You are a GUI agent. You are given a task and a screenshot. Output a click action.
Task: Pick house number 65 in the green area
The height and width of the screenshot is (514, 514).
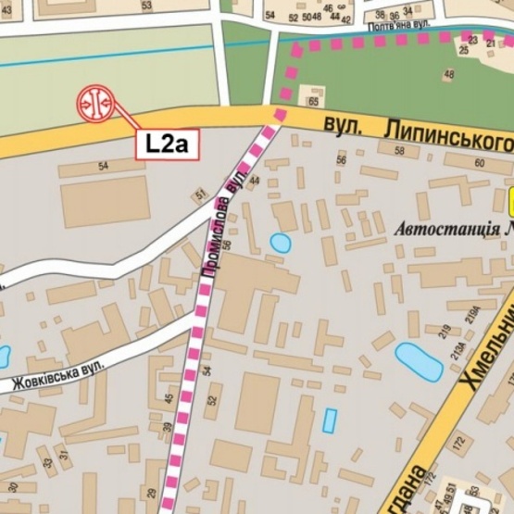[x=314, y=100]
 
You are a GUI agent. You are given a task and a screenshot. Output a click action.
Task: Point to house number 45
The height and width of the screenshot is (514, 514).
[x=169, y=399]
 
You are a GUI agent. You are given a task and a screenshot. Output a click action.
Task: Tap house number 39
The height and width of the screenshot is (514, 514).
[x=167, y=428]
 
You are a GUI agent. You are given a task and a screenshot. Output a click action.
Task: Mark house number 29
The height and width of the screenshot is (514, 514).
[x=151, y=493]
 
